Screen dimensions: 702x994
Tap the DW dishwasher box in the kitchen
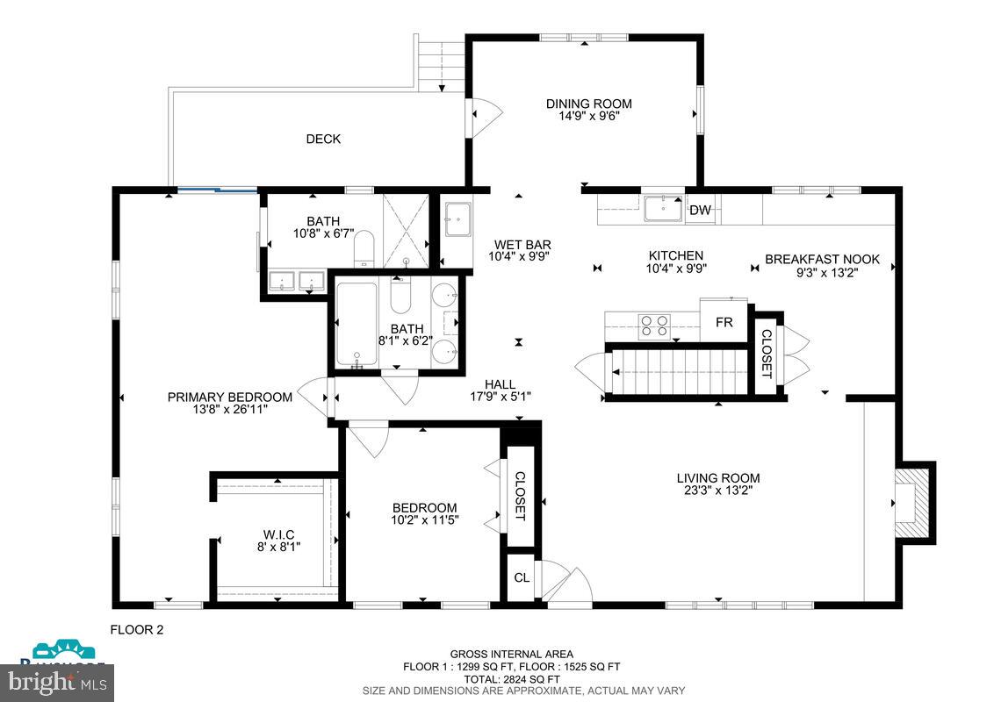coord(700,210)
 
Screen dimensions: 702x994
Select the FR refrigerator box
coord(724,322)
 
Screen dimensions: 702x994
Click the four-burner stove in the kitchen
coord(654,326)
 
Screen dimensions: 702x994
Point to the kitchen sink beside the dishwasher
coord(663,210)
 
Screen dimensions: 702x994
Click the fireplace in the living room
coord(911,501)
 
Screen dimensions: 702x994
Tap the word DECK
coord(323,139)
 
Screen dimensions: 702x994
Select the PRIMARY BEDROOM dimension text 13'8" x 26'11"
coord(229,409)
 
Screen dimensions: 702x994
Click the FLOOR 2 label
coord(136,629)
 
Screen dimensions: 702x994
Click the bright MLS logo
coord(57,681)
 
